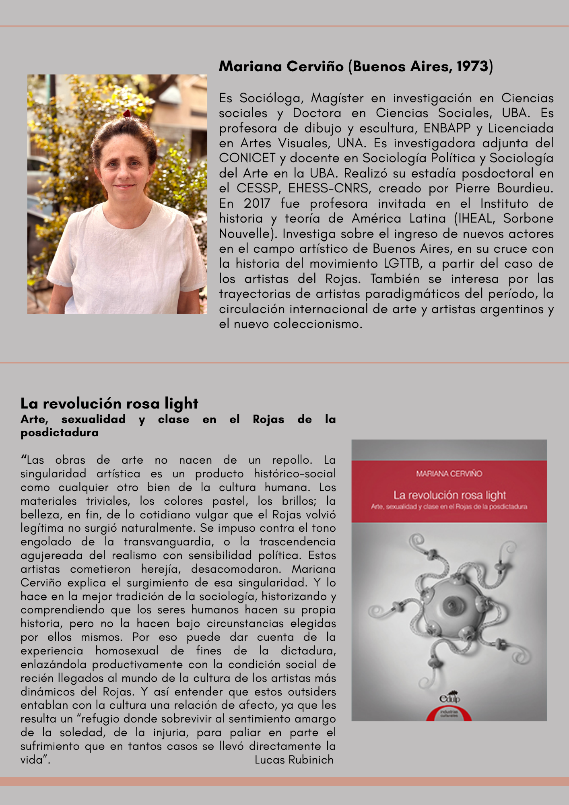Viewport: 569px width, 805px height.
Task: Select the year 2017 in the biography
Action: [257, 204]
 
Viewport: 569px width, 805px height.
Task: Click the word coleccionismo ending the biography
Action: [318, 324]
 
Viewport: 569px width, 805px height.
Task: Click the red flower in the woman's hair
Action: [127, 114]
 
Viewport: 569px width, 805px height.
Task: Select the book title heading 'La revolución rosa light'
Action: [109, 403]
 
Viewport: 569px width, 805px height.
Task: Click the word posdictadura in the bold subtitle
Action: [60, 433]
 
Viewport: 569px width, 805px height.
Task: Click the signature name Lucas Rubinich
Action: [294, 760]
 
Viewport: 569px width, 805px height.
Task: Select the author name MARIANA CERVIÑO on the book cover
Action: [449, 474]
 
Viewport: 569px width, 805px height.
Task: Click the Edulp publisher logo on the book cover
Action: [449, 698]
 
